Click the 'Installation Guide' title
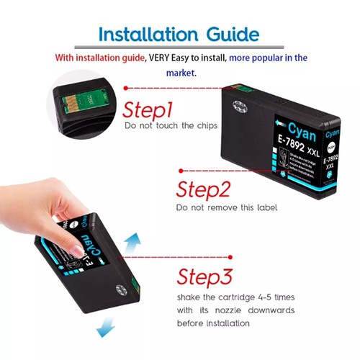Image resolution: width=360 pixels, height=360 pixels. tap(179, 34)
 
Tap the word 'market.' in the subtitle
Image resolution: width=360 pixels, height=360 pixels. tap(179, 72)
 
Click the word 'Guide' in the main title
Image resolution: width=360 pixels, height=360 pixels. tap(225, 34)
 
